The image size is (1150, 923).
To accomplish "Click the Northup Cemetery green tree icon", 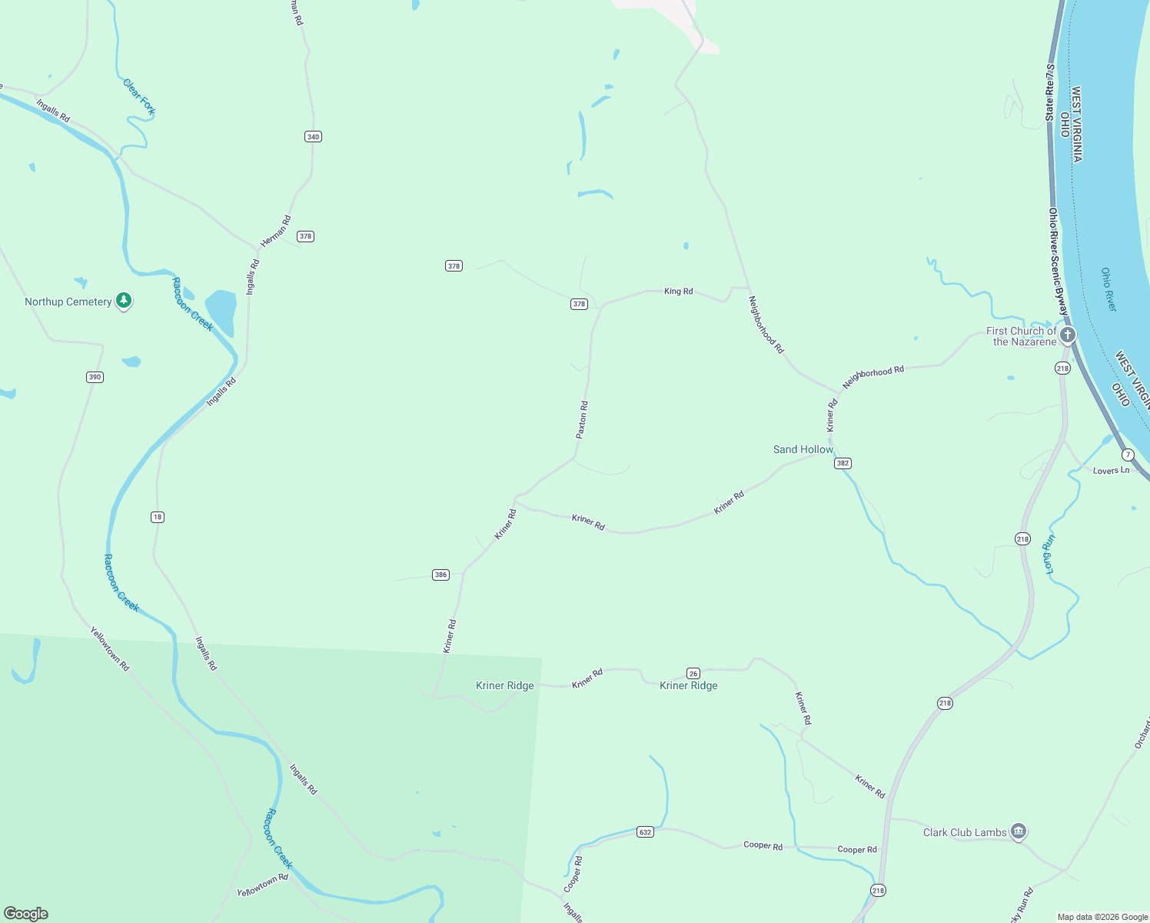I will click(123, 301).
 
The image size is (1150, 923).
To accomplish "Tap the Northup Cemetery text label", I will click(68, 302).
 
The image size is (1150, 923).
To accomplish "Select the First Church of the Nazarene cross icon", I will click(1068, 335).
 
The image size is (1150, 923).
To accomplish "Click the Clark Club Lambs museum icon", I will click(1019, 831).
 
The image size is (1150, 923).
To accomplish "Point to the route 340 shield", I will click(313, 137).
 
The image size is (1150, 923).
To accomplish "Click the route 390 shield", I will click(95, 377).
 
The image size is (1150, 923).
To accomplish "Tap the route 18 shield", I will click(158, 517).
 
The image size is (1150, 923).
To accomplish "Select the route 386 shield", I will click(440, 575).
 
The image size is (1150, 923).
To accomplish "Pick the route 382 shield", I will click(843, 463).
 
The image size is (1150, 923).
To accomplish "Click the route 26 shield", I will click(693, 674).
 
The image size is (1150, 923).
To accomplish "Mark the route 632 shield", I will click(645, 832).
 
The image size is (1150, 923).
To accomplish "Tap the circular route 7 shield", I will click(1128, 455).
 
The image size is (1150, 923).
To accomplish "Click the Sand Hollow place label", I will click(803, 449).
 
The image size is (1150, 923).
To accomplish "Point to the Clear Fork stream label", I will click(139, 97).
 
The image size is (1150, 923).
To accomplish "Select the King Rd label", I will click(678, 292).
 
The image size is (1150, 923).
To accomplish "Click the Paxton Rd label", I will click(582, 420).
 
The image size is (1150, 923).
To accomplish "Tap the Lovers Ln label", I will click(1111, 471).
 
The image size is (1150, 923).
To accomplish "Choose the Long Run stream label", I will click(1049, 554).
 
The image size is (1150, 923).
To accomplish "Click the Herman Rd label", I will click(275, 232).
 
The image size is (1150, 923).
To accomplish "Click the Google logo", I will click(26, 914).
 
